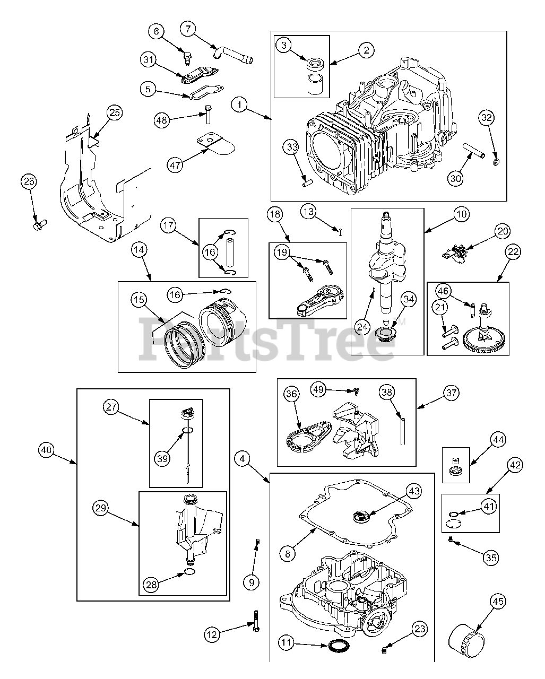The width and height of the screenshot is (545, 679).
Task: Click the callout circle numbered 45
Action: (x=497, y=602)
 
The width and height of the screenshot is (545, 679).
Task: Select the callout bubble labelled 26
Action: (x=29, y=181)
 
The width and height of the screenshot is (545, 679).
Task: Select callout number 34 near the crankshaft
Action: (x=408, y=300)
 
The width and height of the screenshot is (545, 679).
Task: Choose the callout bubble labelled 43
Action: (x=414, y=491)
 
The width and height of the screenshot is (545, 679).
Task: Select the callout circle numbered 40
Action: (x=47, y=450)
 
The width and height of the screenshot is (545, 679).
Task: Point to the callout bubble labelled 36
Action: (x=291, y=394)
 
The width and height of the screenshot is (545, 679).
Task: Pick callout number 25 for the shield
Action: (x=114, y=112)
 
